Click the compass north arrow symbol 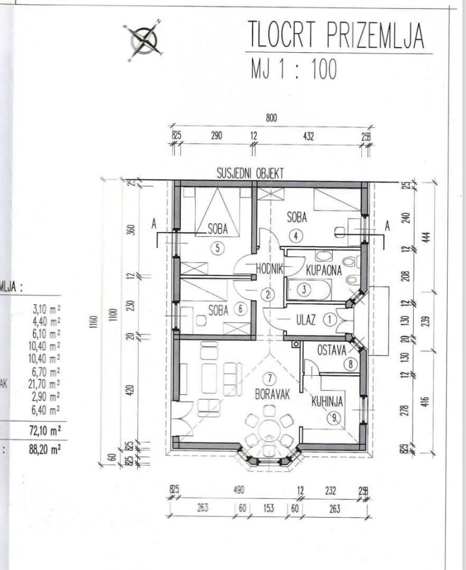click(x=143, y=40)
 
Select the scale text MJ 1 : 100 click(x=294, y=69)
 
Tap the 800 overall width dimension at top click(x=272, y=118)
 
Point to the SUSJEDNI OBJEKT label click(x=250, y=173)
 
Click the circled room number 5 click(x=218, y=248)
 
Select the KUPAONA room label click(x=324, y=271)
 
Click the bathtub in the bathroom click(x=308, y=290)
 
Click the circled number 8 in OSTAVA click(x=351, y=365)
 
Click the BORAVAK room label click(x=272, y=394)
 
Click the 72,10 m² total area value click(x=45, y=429)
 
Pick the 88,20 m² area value click(x=45, y=449)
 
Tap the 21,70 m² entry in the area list click(x=46, y=384)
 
